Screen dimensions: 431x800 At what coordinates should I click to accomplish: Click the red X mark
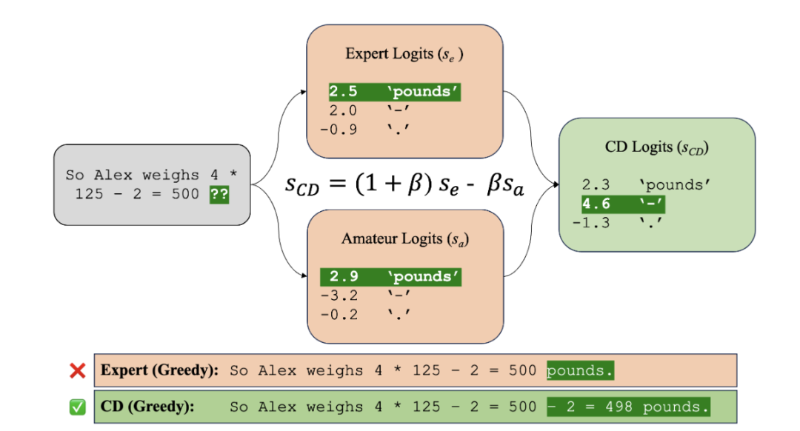(78, 370)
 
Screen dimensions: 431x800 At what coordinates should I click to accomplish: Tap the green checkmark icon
(78, 407)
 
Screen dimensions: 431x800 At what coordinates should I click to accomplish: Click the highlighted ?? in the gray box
(219, 194)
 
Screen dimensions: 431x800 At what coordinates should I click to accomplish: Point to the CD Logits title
(656, 147)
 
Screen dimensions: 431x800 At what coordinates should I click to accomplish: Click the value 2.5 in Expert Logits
(343, 92)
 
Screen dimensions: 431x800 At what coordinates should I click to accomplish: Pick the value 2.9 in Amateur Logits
(343, 277)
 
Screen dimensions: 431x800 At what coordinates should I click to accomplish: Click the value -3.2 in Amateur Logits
(339, 295)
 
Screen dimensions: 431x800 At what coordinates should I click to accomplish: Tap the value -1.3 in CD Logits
(591, 222)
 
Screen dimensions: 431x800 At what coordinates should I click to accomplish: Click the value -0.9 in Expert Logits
(339, 129)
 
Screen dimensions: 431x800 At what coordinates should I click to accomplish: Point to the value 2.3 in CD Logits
(596, 185)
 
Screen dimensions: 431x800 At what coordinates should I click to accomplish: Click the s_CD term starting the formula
(303, 184)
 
